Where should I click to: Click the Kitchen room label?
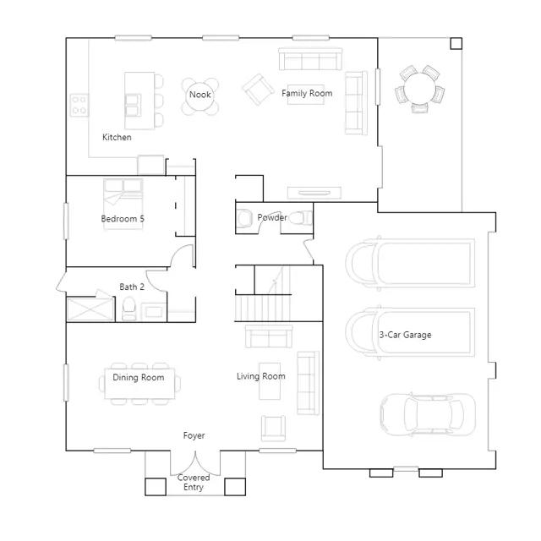point(117,137)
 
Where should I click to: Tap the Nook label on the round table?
point(200,95)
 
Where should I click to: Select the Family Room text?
point(307,93)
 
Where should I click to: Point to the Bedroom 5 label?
point(123,219)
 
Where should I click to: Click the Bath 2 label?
point(132,287)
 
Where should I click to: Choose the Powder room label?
point(272,217)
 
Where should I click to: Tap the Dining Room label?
point(139,378)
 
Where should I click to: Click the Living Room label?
point(261,376)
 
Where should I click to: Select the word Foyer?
point(194,436)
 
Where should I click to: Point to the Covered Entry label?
point(194,483)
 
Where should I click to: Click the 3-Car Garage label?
point(405,335)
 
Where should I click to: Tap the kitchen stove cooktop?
point(79,105)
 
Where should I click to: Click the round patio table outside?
point(419,88)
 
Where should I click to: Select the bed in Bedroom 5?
point(123,204)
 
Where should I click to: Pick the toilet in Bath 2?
point(129,309)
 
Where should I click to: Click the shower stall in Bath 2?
point(90,309)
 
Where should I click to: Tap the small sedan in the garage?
point(428,414)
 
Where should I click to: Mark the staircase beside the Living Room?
point(263,294)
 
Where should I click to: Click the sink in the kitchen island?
point(133,105)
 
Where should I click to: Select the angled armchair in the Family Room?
point(259,90)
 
